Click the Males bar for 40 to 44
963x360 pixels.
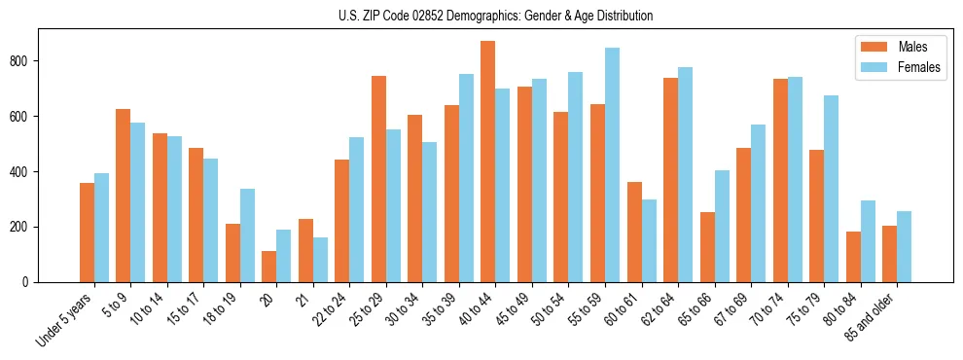(x=488, y=162)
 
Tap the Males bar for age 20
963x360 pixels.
(x=269, y=267)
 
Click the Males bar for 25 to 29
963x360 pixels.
(x=378, y=179)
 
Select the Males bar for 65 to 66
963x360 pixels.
(x=707, y=247)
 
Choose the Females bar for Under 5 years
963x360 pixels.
(x=101, y=228)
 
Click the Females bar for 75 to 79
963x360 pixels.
(x=831, y=189)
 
